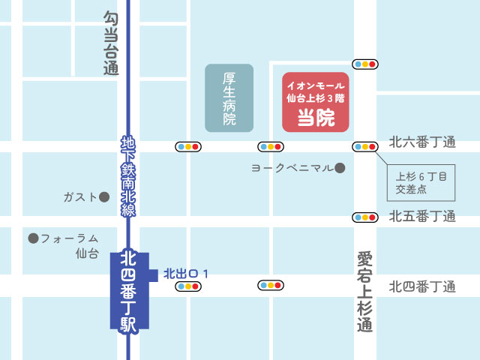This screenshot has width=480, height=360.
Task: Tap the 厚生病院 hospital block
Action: point(229,98)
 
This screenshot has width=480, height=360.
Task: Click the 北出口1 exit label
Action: point(184,274)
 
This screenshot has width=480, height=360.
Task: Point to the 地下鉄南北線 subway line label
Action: point(128,176)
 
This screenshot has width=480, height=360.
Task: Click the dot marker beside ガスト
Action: point(104,197)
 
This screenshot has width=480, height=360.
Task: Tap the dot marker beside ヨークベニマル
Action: point(340,168)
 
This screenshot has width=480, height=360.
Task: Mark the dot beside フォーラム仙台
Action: point(33,238)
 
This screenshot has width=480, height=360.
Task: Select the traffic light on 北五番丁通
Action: point(364,217)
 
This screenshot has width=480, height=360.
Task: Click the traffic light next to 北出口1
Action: point(187,286)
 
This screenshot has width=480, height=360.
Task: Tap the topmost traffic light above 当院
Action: point(364,64)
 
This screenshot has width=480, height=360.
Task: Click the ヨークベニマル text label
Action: point(292,168)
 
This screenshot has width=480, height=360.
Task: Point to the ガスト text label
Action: point(80,197)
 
